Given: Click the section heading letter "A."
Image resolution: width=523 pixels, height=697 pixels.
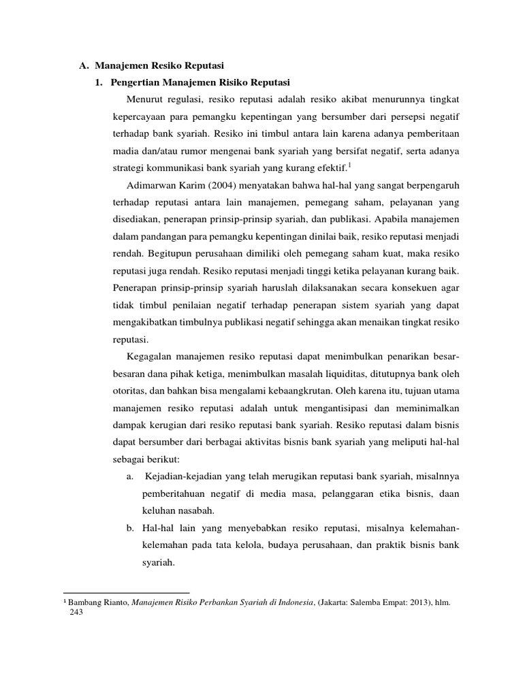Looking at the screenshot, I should pyautogui.click(x=84, y=65).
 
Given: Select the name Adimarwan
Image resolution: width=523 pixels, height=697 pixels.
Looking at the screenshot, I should pyautogui.click(x=153, y=185).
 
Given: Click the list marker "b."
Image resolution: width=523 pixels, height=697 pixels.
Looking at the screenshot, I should pyautogui.click(x=130, y=528).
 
